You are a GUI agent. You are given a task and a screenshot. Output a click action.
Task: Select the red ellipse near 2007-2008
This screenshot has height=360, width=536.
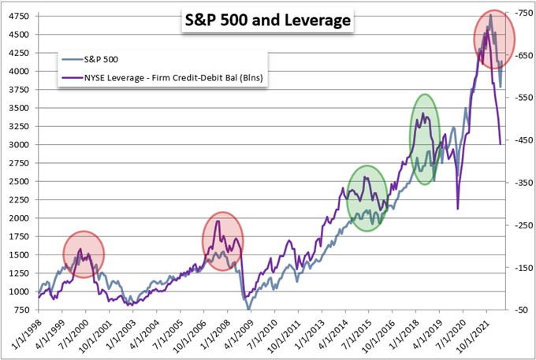coord(223,241)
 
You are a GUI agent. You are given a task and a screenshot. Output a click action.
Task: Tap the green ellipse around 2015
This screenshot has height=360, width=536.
coord(367,199)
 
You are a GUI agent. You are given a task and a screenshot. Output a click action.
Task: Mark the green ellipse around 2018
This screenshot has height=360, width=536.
coord(426,139)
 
